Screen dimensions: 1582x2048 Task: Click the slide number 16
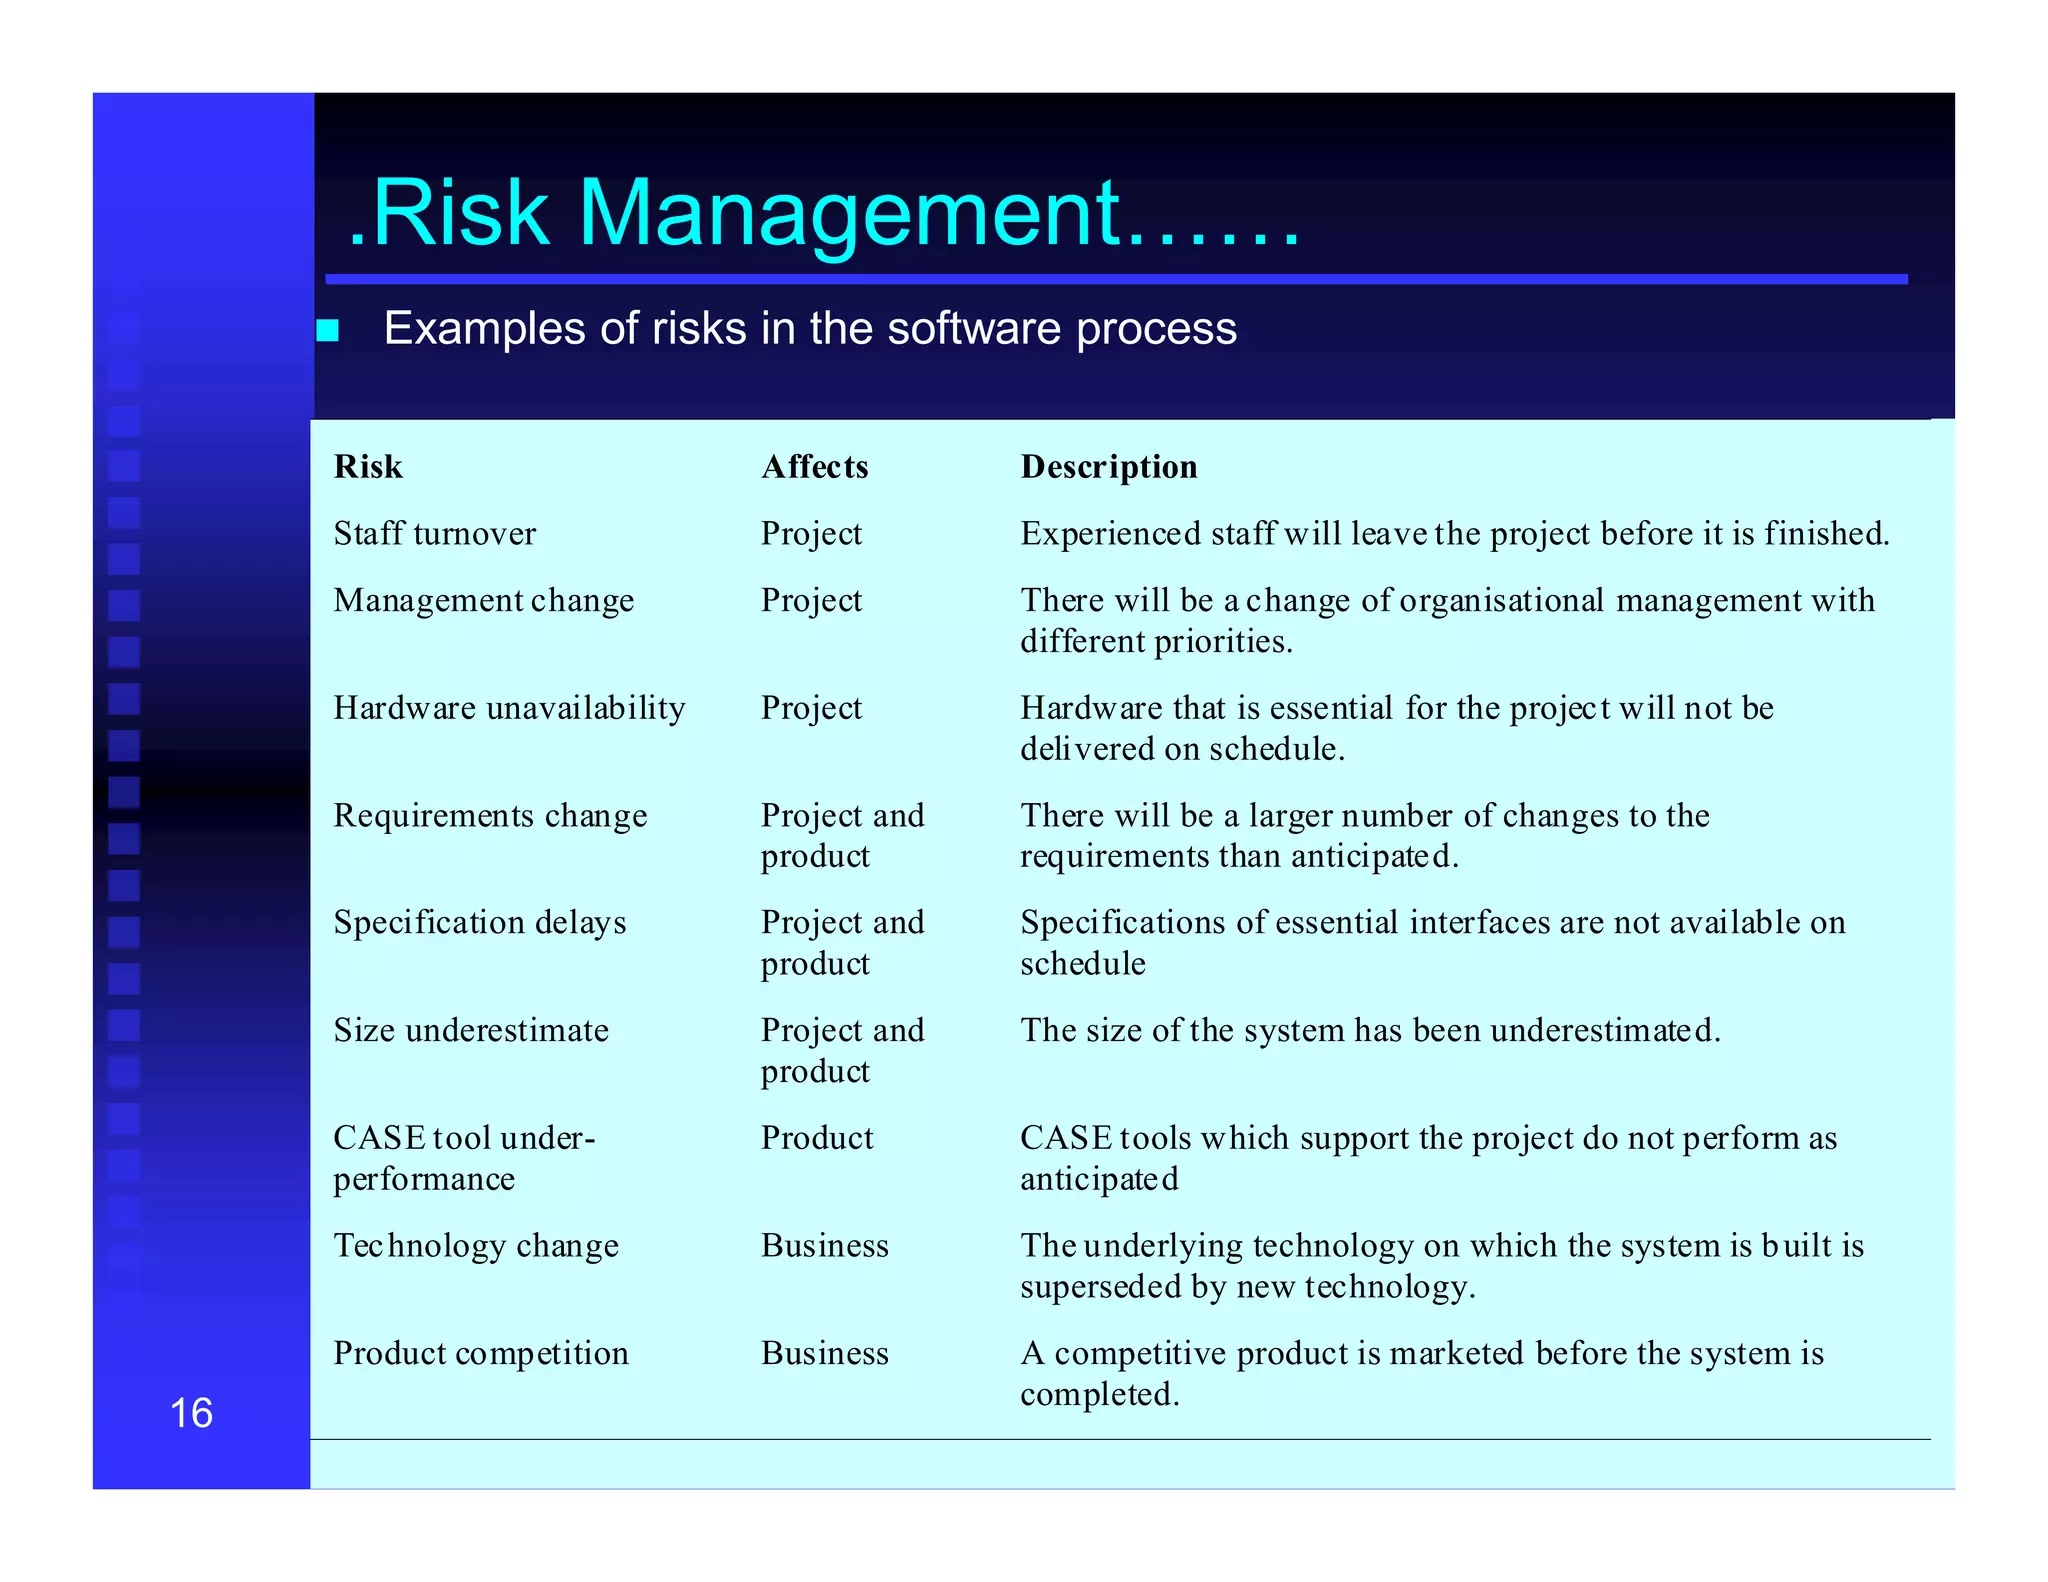[191, 1413]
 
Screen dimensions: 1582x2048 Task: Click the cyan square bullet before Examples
[328, 330]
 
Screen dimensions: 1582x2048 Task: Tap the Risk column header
[368, 467]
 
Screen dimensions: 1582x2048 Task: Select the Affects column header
[814, 467]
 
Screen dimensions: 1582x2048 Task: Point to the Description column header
[1108, 467]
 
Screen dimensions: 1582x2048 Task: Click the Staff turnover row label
[434, 534]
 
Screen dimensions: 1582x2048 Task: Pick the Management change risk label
[483, 601]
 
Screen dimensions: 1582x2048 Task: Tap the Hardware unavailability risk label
[509, 708]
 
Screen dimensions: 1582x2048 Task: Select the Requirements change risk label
[490, 816]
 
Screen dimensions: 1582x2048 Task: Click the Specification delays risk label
[480, 923]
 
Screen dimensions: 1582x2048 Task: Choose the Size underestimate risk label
[471, 1031]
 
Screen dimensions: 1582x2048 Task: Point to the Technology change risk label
[476, 1246]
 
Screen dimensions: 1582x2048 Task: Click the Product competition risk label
[481, 1354]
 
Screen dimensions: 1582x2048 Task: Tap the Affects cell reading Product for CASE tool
[817, 1138]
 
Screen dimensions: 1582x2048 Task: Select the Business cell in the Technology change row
[824, 1246]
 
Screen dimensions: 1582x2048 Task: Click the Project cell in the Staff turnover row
[811, 534]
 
